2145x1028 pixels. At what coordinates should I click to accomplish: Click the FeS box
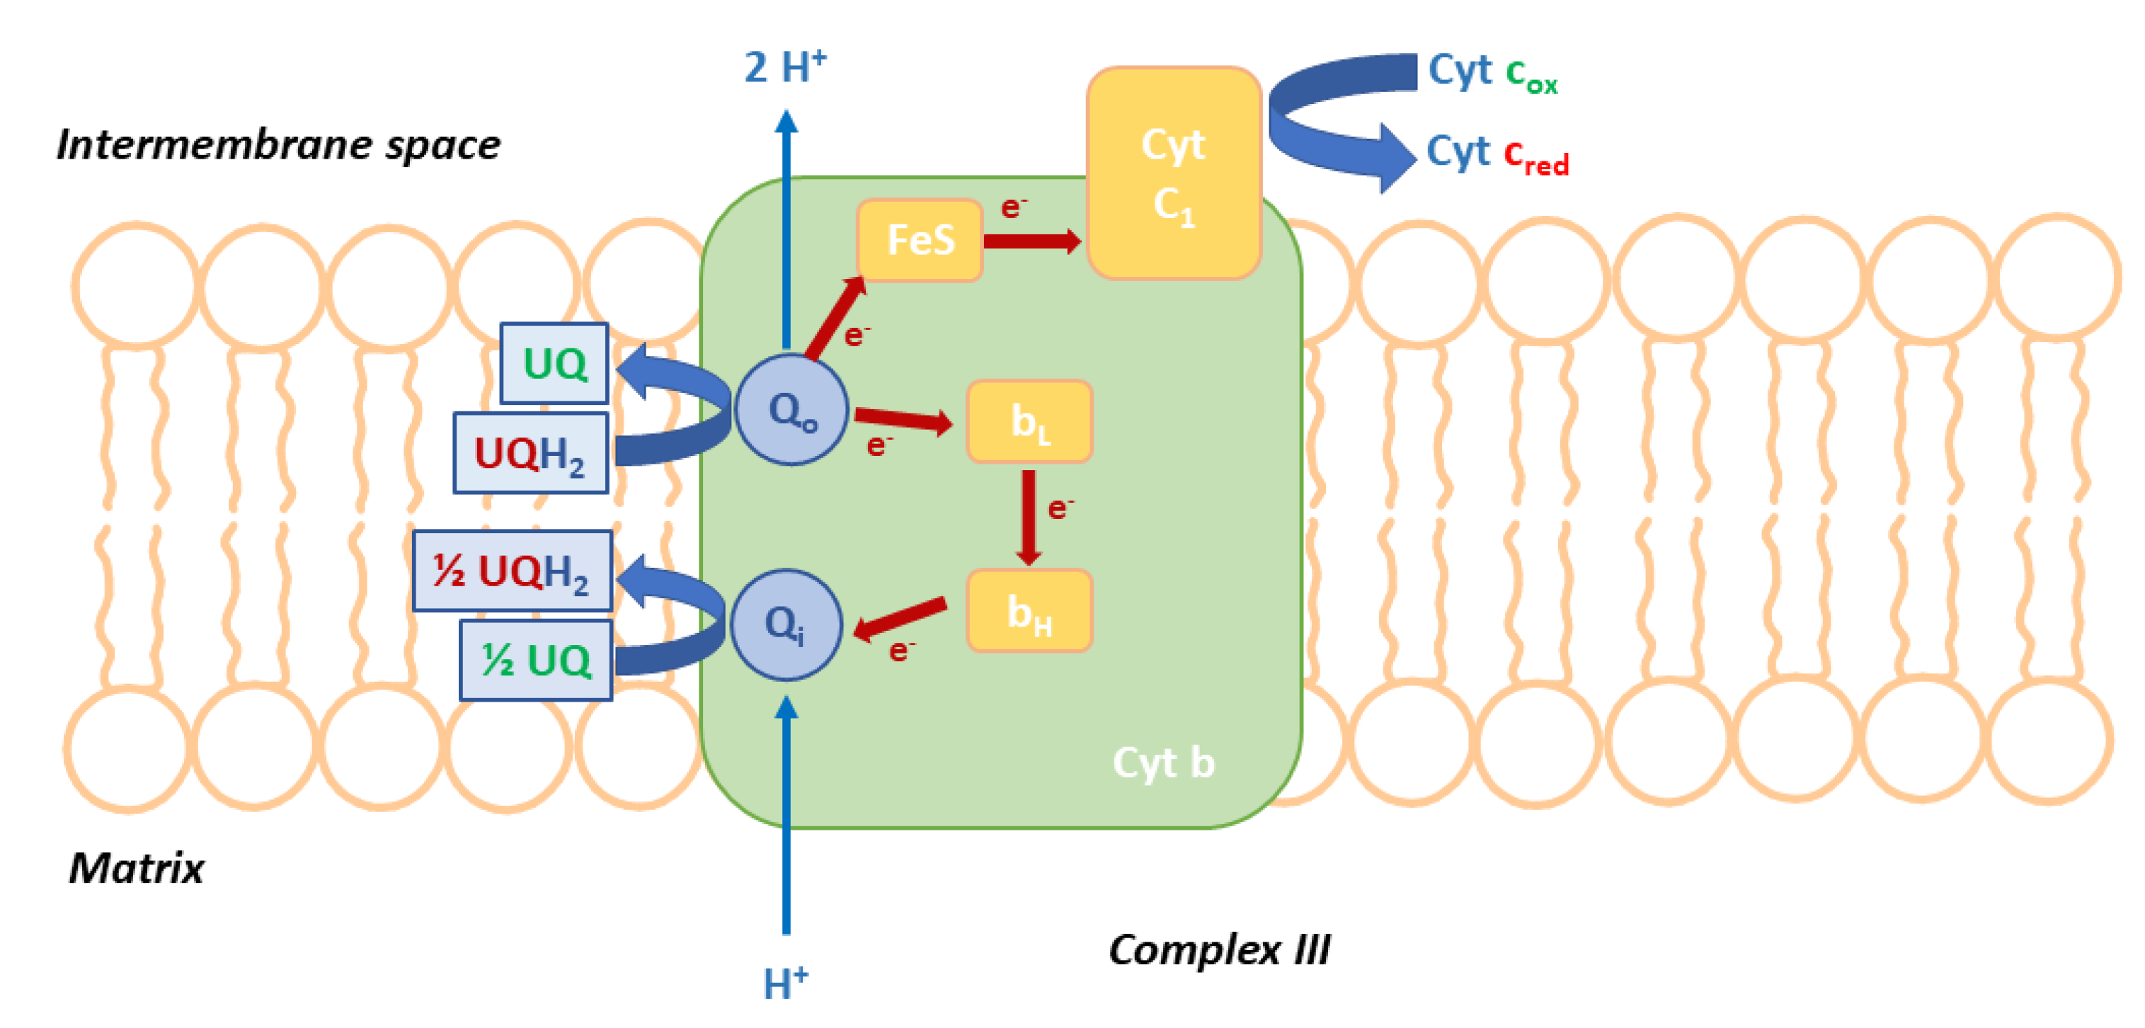pyautogui.click(x=920, y=240)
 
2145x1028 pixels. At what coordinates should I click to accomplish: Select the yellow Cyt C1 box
pyautogui.click(x=1173, y=173)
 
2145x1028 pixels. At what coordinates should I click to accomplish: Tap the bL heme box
pyautogui.click(x=1029, y=421)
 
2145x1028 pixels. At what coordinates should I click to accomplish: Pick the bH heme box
pyautogui.click(x=1029, y=610)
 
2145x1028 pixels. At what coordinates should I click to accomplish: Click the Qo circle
pyautogui.click(x=791, y=409)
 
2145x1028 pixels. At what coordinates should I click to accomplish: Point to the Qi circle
pyautogui.click(x=786, y=624)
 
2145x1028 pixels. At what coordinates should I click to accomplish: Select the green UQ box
pyautogui.click(x=554, y=363)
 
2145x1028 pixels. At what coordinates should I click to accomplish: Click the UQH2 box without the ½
pyautogui.click(x=530, y=453)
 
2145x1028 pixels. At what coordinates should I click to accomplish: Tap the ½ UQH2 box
pyautogui.click(x=512, y=571)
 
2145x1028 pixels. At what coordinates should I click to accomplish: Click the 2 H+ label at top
pyautogui.click(x=784, y=67)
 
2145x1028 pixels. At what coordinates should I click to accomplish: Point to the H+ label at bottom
pyautogui.click(x=784, y=983)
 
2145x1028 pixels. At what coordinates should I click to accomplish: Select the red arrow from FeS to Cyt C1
pyautogui.click(x=1033, y=241)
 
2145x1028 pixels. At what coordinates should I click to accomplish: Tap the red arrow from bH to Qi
pyautogui.click(x=899, y=618)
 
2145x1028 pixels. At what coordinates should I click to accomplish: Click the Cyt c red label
pyautogui.click(x=1497, y=155)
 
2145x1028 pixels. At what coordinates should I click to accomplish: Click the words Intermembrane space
pyautogui.click(x=278, y=145)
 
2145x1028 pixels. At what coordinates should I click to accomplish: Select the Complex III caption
pyautogui.click(x=1219, y=949)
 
